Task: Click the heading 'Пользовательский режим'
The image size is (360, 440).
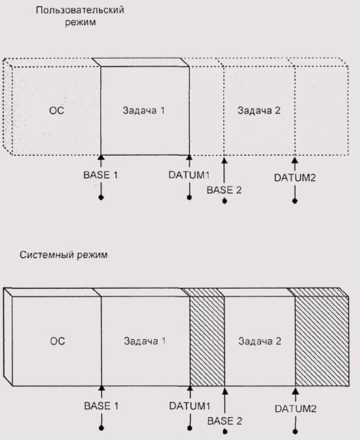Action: point(80,16)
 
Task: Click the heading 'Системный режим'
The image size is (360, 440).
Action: point(63,255)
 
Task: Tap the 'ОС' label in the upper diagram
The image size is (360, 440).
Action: point(57,110)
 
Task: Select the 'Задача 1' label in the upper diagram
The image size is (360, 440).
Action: point(143,110)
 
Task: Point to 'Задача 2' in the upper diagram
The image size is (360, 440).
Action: point(259,110)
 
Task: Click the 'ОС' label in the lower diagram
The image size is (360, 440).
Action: point(58,341)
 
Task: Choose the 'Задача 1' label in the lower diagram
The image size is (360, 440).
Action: point(145,341)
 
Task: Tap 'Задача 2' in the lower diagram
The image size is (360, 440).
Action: point(260,341)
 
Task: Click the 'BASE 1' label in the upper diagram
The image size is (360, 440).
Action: point(101,175)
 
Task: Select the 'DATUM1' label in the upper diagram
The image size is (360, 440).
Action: point(189,175)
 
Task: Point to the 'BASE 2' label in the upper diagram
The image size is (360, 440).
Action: point(225,191)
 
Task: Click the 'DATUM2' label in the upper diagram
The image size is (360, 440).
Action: point(295,177)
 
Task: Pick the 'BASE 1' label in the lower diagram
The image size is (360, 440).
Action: point(101,406)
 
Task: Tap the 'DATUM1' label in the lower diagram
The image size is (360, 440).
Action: point(190,406)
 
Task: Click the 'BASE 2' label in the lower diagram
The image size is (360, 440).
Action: point(225,421)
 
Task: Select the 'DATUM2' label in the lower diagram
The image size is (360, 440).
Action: point(295,409)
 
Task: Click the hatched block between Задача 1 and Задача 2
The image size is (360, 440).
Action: point(207,341)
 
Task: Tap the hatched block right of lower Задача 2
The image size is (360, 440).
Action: point(322,341)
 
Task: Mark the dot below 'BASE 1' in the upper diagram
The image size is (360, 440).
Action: point(101,198)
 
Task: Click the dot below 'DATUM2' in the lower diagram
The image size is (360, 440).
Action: point(295,431)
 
